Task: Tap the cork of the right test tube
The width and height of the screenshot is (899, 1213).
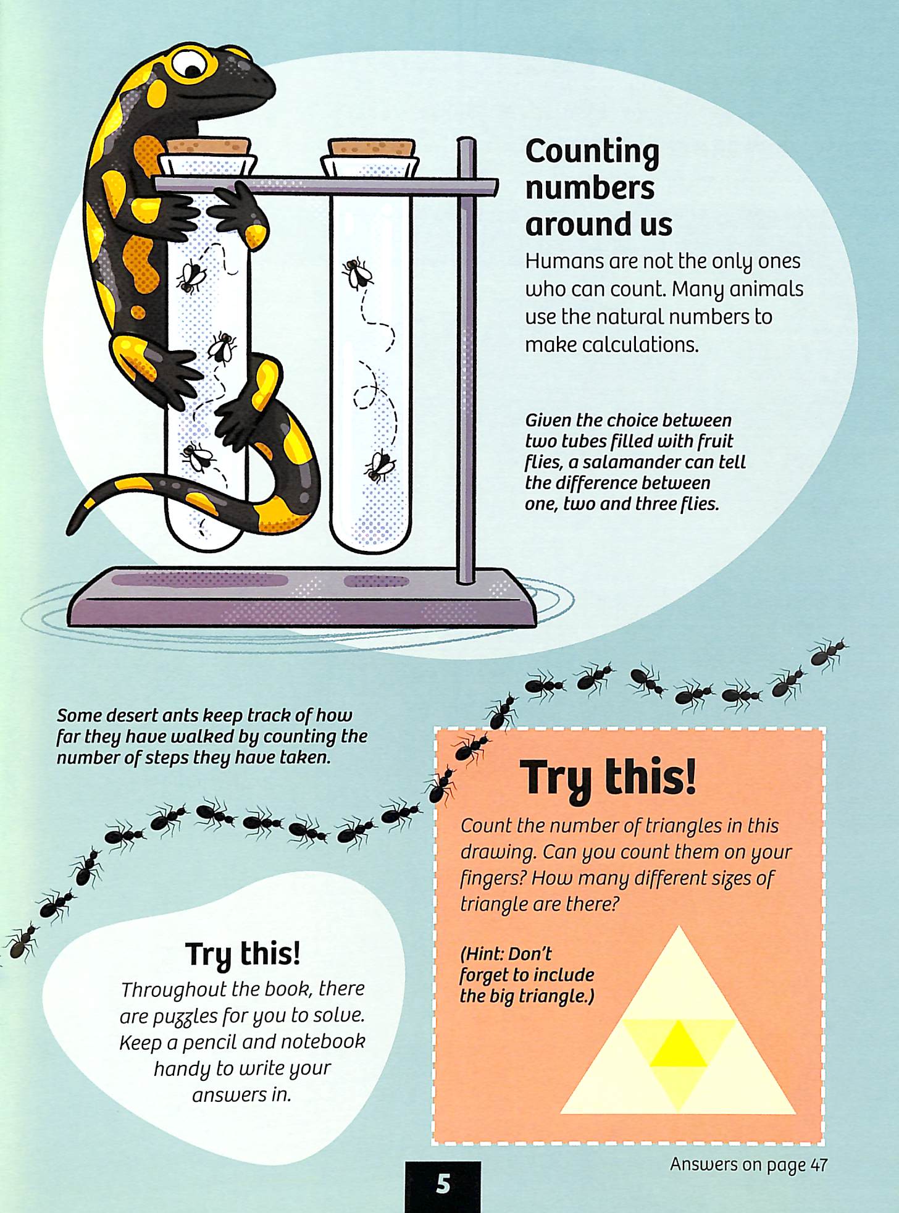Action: (x=372, y=148)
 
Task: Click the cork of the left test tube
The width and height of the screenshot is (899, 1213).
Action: (x=209, y=148)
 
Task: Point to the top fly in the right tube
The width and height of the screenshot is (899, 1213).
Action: (x=358, y=273)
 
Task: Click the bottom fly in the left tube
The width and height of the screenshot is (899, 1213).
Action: (x=197, y=456)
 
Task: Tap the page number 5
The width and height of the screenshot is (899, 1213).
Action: (x=443, y=1183)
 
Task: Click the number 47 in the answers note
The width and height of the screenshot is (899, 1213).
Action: (x=819, y=1165)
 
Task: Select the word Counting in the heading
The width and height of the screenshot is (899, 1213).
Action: (x=592, y=152)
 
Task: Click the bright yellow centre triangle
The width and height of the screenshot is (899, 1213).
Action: (x=679, y=1044)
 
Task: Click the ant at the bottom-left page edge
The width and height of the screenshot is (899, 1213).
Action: (x=19, y=942)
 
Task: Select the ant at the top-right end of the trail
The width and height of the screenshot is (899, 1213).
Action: (x=829, y=653)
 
